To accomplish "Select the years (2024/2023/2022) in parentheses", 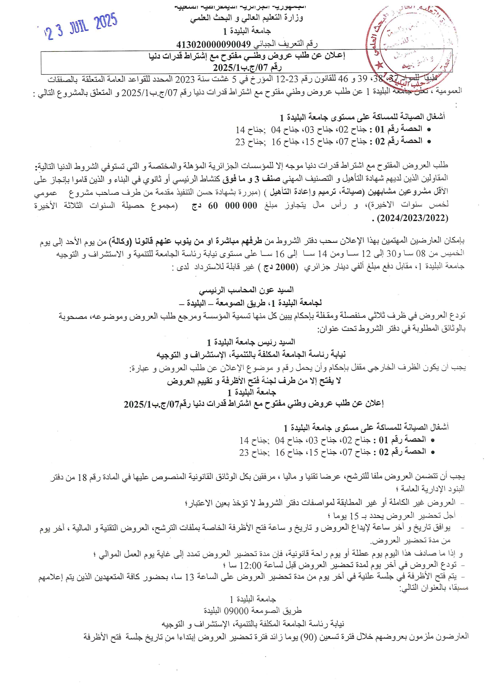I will point(413,218).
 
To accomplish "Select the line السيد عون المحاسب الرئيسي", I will point(246,290).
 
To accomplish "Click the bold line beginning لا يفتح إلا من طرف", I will point(254,381).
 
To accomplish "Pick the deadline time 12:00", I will point(251,565).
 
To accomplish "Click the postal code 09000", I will point(236,611).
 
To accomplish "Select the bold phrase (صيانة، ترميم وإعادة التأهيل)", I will point(313,192).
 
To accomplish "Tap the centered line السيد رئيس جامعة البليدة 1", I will point(251,342).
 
